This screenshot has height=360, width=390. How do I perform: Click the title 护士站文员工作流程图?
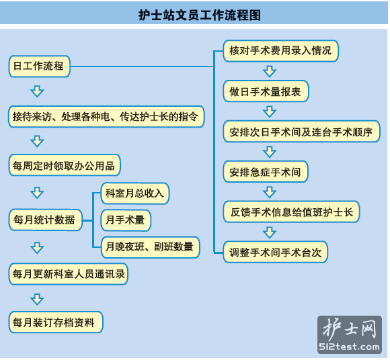(200, 15)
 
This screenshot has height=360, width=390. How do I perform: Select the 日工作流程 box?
(39, 66)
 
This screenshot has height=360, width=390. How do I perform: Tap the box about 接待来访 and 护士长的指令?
(106, 116)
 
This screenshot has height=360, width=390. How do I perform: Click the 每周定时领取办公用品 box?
(65, 165)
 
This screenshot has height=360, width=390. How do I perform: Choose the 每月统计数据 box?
(46, 220)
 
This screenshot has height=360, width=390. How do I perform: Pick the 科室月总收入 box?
(135, 193)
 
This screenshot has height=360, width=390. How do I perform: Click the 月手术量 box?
(126, 220)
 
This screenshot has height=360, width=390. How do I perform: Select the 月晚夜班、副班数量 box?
(150, 247)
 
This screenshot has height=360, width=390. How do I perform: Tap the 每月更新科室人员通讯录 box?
(69, 274)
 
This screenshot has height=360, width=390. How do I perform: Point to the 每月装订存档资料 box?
(56, 322)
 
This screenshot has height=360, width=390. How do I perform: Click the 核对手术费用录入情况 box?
(280, 51)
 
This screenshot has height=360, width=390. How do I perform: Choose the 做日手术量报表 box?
(266, 91)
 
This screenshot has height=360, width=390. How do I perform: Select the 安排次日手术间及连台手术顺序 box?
(301, 132)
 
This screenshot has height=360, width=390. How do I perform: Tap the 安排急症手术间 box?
(266, 172)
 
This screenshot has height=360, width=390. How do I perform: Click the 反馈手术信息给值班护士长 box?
(291, 212)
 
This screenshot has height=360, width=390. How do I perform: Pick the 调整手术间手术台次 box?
(275, 252)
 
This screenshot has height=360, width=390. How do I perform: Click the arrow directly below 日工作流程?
(37, 91)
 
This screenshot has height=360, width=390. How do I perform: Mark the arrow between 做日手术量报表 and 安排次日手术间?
(270, 111)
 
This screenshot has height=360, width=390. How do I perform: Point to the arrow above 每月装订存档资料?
(37, 300)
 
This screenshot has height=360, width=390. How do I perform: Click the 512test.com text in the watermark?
(349, 347)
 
